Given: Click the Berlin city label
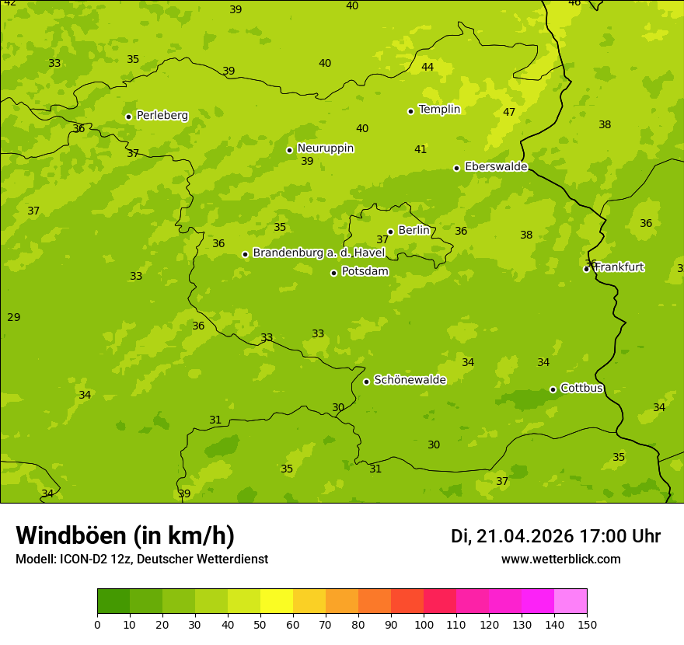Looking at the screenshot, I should tap(414, 230).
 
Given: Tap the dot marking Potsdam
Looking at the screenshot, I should tap(334, 273).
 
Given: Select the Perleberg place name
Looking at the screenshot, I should tap(162, 116).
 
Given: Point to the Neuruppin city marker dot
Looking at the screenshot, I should tap(289, 150).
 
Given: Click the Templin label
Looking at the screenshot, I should tap(439, 110).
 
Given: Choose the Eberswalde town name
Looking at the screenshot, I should tap(496, 167).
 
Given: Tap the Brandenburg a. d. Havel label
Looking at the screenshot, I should tap(319, 253).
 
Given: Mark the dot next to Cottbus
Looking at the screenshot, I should tap(553, 389).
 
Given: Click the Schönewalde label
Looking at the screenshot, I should tap(410, 380).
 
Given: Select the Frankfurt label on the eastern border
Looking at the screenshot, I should tap(619, 267).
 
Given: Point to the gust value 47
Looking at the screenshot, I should tap(509, 112).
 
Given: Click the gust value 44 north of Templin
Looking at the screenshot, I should tap(427, 67).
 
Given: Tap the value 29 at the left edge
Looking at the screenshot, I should tap(13, 317).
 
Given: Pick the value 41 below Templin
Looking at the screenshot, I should tap(421, 149).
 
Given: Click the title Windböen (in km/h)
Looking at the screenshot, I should tap(125, 535).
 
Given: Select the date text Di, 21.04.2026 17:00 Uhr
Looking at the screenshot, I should tap(556, 536).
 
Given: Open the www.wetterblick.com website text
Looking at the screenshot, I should tap(560, 559).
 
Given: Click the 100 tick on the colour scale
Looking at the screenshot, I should tap(424, 624).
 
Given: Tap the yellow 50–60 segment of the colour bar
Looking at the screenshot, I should tap(277, 601).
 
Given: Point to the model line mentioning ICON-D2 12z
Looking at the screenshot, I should tap(141, 559).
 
